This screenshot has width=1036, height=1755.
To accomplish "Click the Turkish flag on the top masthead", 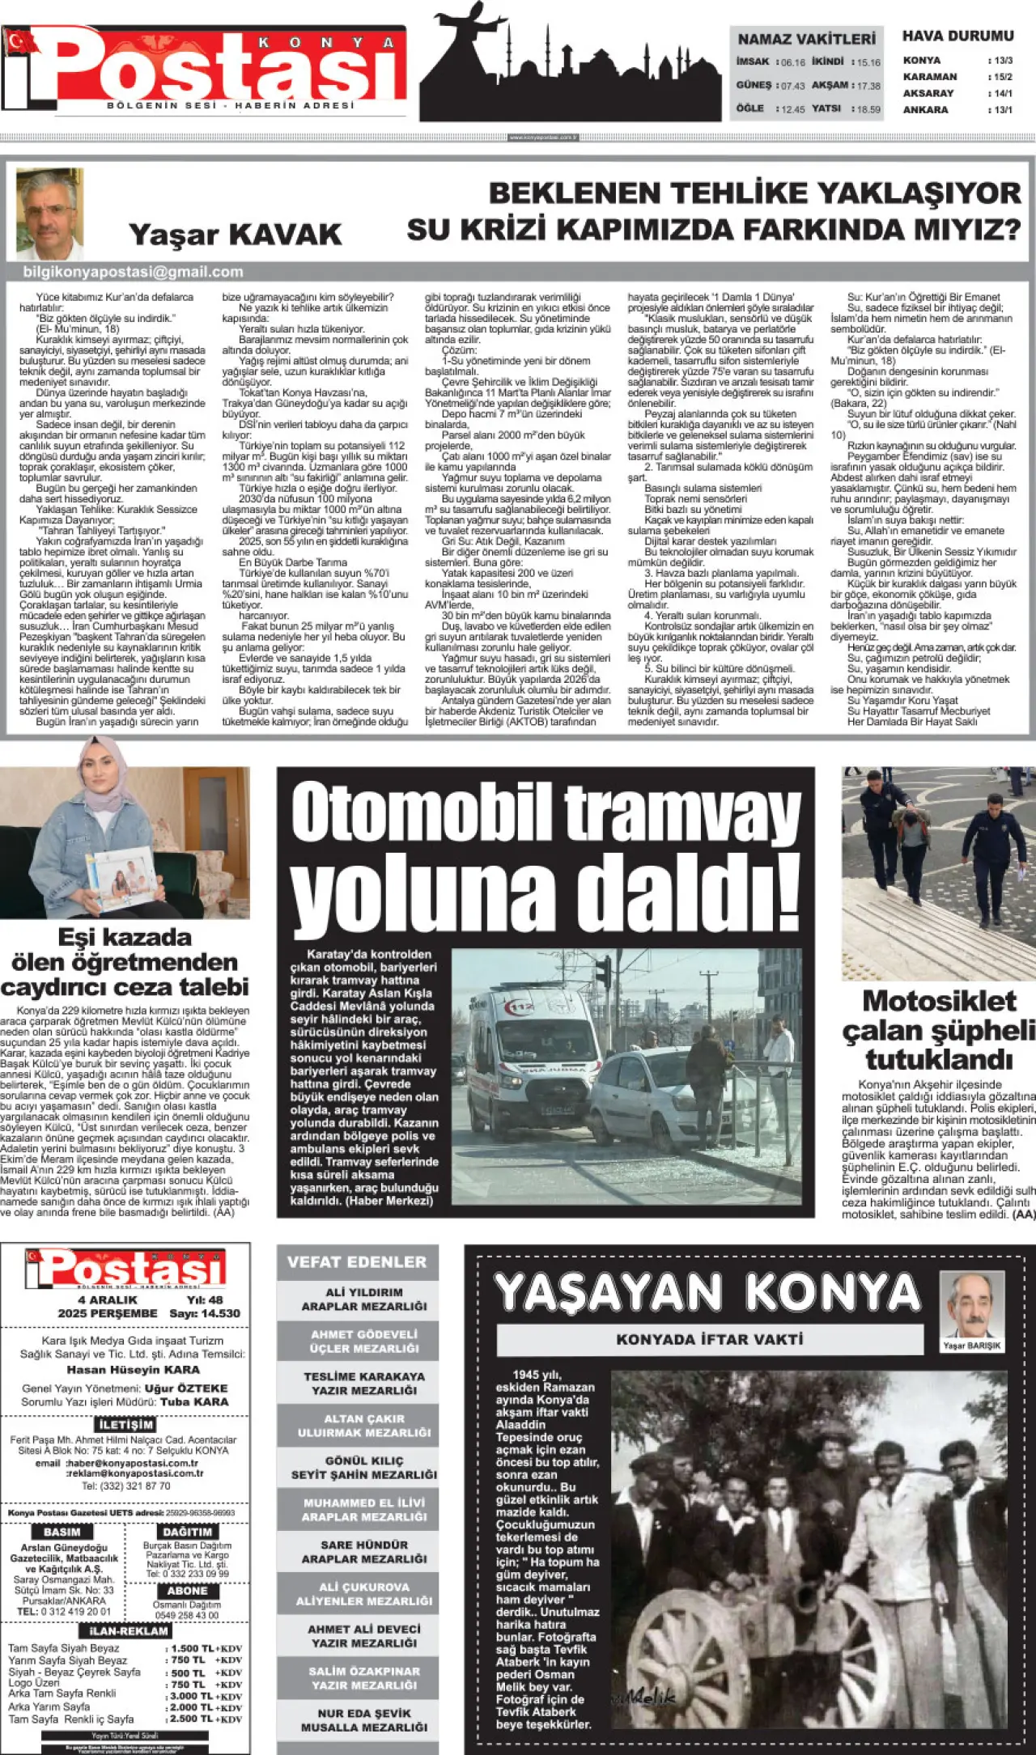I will pos(19,39).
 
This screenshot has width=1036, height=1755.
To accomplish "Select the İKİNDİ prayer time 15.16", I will pos(868,62).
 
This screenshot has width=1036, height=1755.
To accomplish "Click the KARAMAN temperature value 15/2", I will pos(1002,77).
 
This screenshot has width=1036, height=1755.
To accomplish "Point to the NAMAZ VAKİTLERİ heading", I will pos(806,39).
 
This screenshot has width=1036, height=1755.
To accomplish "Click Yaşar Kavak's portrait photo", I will pos(49,214).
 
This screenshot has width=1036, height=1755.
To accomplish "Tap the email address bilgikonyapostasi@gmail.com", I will pos(134,272).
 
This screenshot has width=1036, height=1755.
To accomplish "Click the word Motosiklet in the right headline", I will pos(939,1001).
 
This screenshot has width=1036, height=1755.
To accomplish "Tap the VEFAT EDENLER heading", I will pos(357,1261).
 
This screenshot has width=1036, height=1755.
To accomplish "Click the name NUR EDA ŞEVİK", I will pos(364,1713).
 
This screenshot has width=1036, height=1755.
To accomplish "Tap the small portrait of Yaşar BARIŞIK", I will pos(971,1304).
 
